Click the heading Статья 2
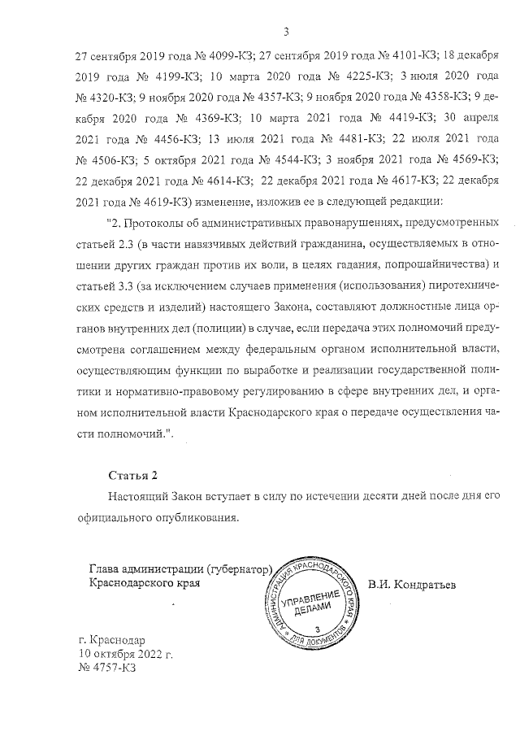pos(134,475)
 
